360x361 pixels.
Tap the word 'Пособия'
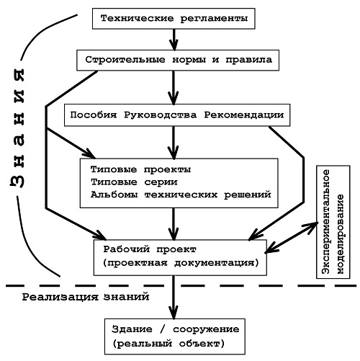click(x=94, y=115)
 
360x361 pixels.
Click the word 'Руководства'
click(x=160, y=115)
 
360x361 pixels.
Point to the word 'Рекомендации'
click(x=244, y=115)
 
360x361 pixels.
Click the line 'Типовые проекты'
click(x=140, y=169)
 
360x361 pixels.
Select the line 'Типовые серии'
click(x=134, y=182)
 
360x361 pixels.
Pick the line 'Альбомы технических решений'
click(x=181, y=195)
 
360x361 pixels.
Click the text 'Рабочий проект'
click(x=150, y=249)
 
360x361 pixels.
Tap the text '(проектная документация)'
click(x=181, y=263)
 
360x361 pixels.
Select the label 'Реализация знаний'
click(x=86, y=297)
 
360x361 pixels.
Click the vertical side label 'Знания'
click(x=17, y=128)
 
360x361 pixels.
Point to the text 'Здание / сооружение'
click(x=175, y=329)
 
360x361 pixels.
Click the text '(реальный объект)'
click(x=168, y=344)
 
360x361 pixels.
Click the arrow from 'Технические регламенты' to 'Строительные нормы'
click(x=174, y=40)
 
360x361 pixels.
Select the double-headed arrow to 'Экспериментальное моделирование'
click(x=291, y=238)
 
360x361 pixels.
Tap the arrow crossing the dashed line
click(x=174, y=298)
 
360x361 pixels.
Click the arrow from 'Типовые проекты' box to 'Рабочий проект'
click(x=174, y=224)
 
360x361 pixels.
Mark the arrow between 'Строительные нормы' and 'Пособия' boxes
click(x=174, y=88)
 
